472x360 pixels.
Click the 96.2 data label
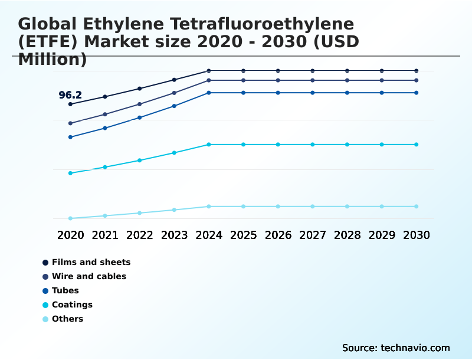tap(70, 95)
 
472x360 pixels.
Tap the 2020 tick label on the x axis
tap(70, 235)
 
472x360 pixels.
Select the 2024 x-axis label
tap(209, 235)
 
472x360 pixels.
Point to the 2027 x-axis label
tap(313, 235)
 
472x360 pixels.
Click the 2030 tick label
tap(417, 235)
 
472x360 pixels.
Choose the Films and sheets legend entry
tap(91, 262)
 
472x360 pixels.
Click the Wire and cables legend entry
tap(88, 276)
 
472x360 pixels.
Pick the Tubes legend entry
tap(65, 290)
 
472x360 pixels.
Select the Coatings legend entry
tap(72, 305)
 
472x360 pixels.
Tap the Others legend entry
tap(67, 319)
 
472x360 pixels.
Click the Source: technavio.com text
tap(396, 348)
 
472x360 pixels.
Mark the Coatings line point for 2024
tap(209, 145)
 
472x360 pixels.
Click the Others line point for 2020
tap(70, 218)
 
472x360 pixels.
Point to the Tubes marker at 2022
tap(140, 117)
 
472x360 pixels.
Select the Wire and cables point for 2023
tap(174, 93)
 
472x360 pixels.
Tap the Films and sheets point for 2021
tap(105, 96)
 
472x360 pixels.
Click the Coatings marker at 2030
tap(417, 145)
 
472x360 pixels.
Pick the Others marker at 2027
tap(313, 207)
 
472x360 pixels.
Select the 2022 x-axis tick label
tap(140, 235)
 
